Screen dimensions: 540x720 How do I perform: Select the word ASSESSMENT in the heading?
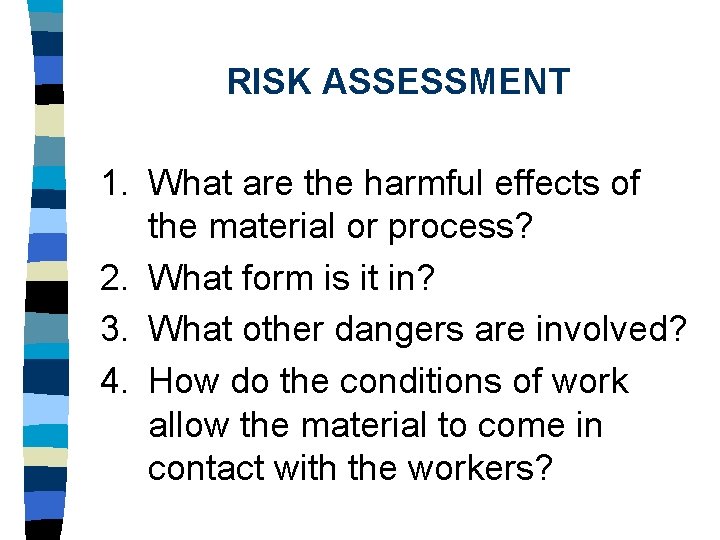point(446,82)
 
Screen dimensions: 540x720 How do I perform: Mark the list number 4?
point(114,381)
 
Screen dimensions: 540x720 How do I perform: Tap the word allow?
point(186,425)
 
